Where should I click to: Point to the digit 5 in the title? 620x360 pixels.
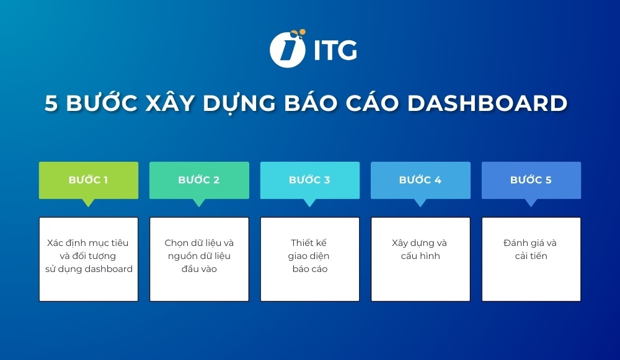(x=51, y=103)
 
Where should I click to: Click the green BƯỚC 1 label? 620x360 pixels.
(x=88, y=180)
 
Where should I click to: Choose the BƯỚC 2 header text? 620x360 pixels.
(x=199, y=180)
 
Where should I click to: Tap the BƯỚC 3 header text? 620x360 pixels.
(x=309, y=180)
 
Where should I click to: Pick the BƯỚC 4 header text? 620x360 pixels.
(x=420, y=180)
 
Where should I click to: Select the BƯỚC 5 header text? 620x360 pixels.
(x=531, y=180)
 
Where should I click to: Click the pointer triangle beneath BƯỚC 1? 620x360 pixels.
(x=88, y=203)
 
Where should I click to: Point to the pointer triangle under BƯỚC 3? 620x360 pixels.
(x=309, y=203)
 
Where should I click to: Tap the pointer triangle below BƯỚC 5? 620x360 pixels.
(x=531, y=203)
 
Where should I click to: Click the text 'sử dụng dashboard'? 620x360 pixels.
(x=89, y=269)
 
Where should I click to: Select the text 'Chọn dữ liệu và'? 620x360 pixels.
(x=199, y=243)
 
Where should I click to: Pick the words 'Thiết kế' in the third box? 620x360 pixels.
(x=309, y=243)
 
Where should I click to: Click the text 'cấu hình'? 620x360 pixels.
(x=420, y=256)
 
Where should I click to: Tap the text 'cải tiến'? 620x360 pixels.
(x=531, y=256)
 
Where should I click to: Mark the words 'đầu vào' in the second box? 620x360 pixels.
(x=199, y=269)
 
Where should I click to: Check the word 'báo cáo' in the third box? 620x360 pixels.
(x=310, y=269)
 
